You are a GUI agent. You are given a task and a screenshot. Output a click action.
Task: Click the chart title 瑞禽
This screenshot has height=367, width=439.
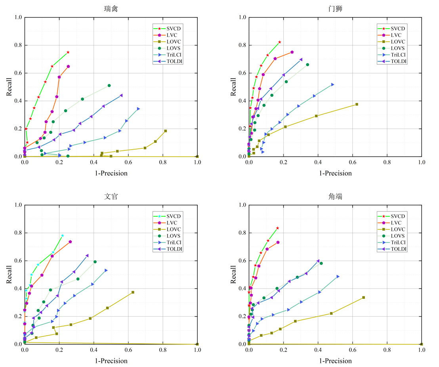(x=111, y=9)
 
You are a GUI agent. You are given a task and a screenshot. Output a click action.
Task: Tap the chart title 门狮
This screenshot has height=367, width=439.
(x=335, y=9)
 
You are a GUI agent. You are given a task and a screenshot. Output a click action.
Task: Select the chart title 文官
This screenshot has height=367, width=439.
(x=111, y=196)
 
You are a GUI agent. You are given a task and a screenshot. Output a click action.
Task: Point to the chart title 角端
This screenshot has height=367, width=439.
(x=335, y=196)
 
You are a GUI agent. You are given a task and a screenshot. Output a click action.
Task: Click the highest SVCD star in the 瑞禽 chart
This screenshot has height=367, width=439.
(x=68, y=52)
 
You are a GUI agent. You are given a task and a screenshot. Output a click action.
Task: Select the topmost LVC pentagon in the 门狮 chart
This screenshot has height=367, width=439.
(x=292, y=52)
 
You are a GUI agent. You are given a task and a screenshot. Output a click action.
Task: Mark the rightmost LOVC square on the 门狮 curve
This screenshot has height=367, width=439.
(x=357, y=104)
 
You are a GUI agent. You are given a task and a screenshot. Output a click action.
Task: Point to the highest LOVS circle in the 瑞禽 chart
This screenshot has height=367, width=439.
(x=109, y=85)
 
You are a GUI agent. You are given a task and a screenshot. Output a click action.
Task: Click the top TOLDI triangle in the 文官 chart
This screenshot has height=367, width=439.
(x=87, y=256)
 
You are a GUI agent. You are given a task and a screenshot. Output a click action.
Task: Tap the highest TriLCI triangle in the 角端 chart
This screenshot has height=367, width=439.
(x=338, y=276)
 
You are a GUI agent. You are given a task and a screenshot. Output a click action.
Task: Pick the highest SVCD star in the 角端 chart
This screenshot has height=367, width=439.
(x=277, y=228)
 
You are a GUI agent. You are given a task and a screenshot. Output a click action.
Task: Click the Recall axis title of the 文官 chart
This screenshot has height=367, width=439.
(x=9, y=274)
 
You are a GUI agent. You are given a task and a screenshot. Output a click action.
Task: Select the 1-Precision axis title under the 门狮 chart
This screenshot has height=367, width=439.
(x=335, y=173)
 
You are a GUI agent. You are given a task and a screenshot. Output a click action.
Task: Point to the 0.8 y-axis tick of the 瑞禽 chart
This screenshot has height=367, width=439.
(x=18, y=46)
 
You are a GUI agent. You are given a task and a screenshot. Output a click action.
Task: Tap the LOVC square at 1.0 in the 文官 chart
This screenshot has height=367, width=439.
(x=197, y=344)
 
